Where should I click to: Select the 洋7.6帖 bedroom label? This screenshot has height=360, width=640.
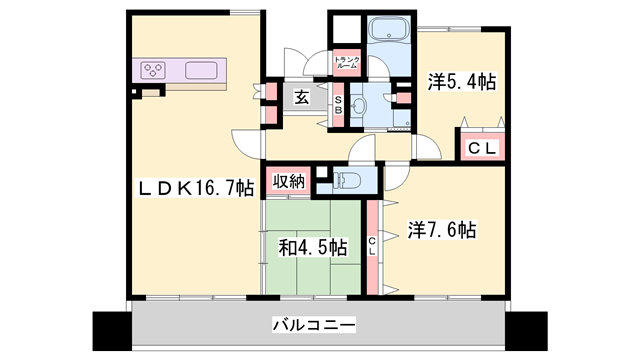[x=441, y=229]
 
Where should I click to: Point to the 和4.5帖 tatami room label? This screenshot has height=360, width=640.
[x=313, y=246]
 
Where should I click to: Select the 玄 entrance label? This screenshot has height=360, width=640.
[x=301, y=97]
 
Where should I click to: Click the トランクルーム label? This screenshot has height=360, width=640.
[x=346, y=61]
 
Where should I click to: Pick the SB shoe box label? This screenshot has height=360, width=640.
[x=338, y=103]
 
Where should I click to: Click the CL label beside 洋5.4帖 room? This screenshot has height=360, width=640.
[x=482, y=147]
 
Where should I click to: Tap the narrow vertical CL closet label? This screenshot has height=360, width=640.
[x=371, y=245]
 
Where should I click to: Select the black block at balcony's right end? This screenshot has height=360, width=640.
[x=526, y=327]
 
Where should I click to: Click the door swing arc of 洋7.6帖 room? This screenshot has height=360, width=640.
[x=397, y=177]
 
